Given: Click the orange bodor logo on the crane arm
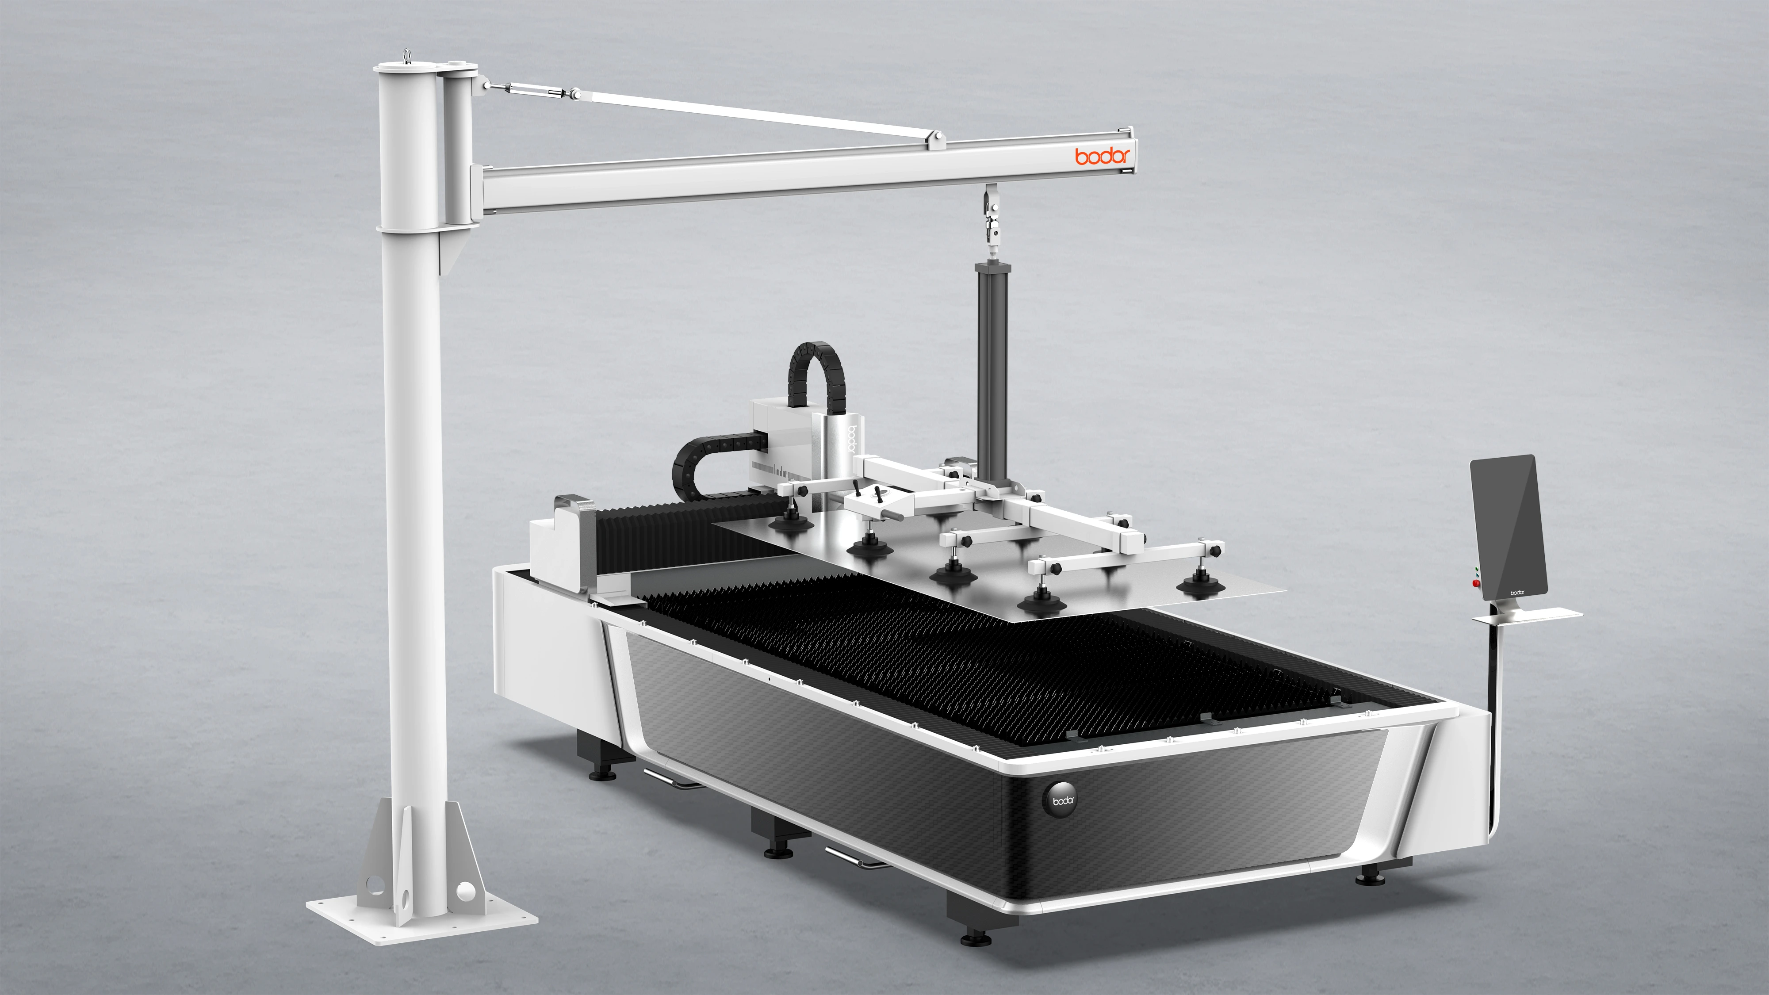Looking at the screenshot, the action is click(x=1102, y=155).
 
